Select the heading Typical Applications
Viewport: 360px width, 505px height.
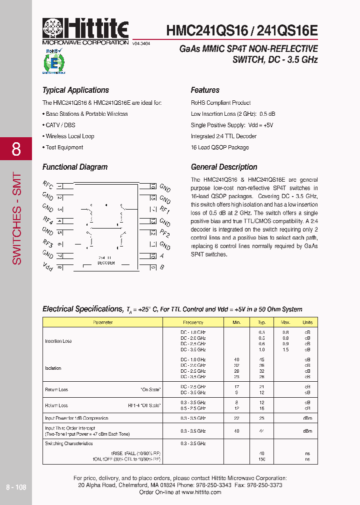(75, 90)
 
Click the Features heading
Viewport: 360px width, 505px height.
(205, 90)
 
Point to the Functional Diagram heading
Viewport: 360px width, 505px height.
(75, 167)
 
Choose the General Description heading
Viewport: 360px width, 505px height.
(224, 167)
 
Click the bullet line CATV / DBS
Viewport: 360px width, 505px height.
(60, 125)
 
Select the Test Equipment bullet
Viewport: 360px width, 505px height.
(64, 147)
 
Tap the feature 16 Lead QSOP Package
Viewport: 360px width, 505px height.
(219, 147)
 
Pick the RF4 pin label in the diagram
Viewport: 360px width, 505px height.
(48, 220)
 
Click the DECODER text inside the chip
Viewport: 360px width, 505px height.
(106, 262)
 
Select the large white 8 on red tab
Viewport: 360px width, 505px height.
(16, 149)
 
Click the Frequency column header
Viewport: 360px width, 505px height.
(193, 322)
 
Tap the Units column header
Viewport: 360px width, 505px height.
(307, 322)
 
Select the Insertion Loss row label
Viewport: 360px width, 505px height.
(58, 341)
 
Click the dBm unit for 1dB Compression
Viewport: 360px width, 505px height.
(307, 418)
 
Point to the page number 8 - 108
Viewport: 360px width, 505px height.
(16, 487)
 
